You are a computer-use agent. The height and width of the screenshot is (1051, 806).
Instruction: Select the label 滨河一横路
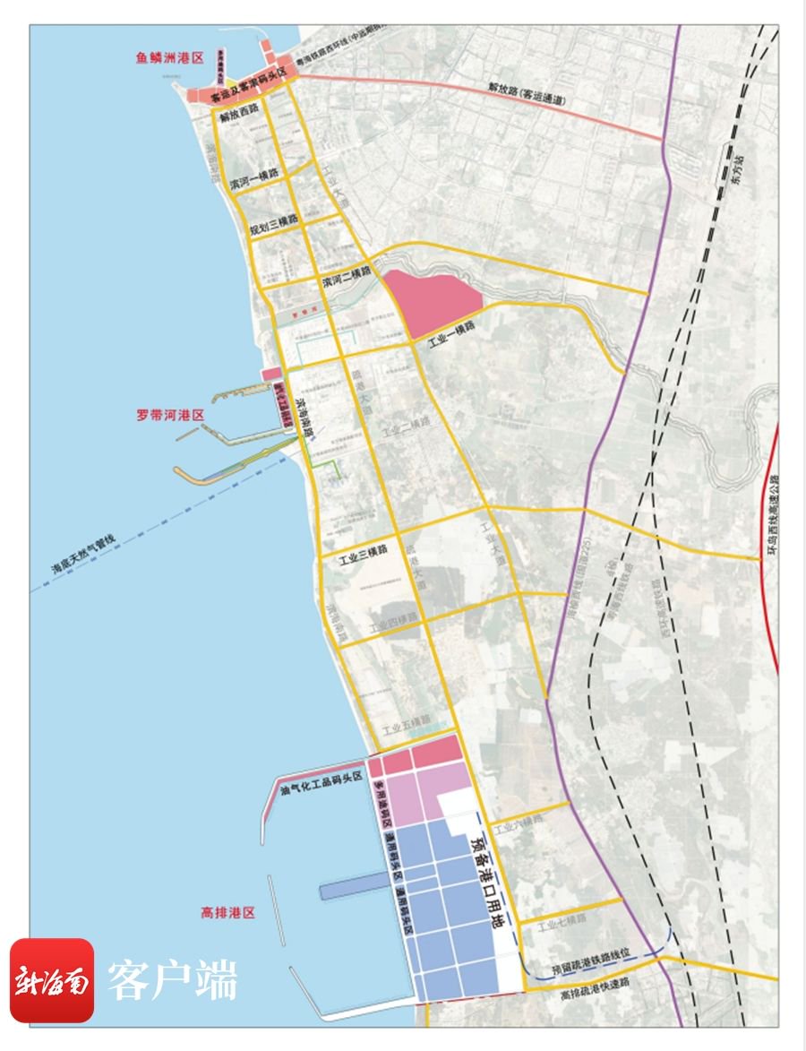pyautogui.click(x=253, y=180)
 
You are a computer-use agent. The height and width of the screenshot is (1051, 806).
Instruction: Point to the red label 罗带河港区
pyautogui.click(x=171, y=415)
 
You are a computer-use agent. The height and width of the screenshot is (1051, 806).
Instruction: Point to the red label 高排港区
pyautogui.click(x=228, y=913)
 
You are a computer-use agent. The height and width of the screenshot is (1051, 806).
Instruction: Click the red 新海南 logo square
pyautogui.click(x=52, y=980)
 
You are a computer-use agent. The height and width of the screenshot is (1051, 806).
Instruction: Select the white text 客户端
pyautogui.click(x=173, y=980)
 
